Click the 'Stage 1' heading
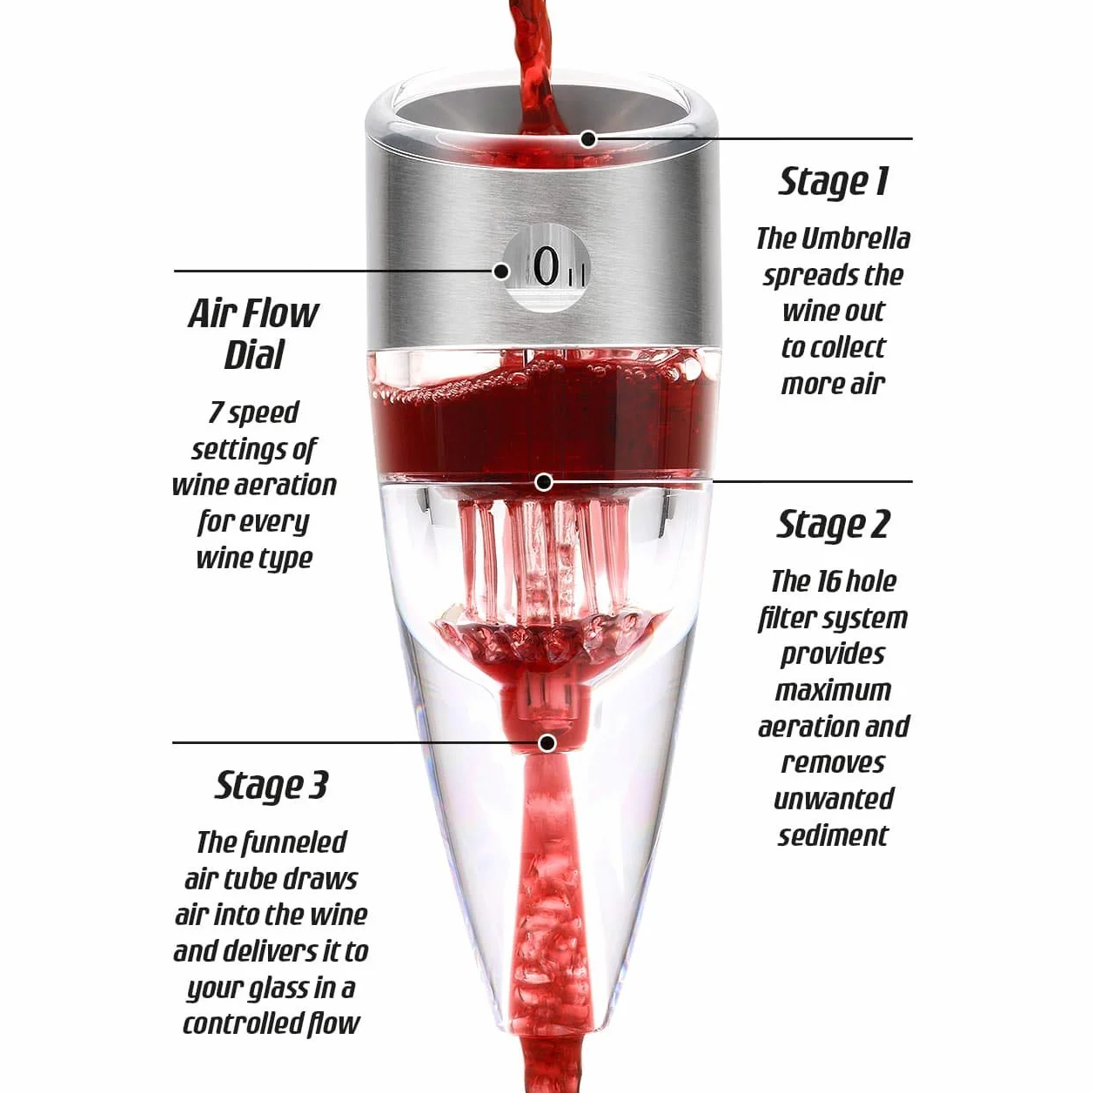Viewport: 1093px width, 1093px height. click(x=833, y=183)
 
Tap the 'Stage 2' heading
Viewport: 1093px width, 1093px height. click(x=833, y=525)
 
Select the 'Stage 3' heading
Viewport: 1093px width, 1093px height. click(x=272, y=786)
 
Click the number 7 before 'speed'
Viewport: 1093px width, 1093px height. click(x=216, y=412)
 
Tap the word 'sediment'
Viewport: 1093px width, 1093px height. click(x=833, y=835)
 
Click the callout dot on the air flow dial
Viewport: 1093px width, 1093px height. click(x=501, y=272)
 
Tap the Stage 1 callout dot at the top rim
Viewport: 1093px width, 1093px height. click(x=589, y=137)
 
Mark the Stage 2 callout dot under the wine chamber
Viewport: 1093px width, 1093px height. click(x=544, y=482)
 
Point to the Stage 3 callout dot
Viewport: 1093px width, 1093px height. click(x=546, y=742)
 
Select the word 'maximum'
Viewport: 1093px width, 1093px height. click(x=833, y=690)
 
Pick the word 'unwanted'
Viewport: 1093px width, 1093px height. click(x=833, y=799)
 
